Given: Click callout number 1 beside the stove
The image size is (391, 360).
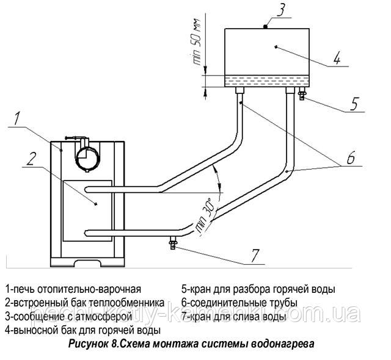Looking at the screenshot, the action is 16,118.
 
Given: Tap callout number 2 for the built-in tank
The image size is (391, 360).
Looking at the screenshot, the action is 31,159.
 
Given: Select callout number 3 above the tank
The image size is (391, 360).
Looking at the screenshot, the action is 280,9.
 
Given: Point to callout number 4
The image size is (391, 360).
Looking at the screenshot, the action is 337,58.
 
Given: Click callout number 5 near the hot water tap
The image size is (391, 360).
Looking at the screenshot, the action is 354,104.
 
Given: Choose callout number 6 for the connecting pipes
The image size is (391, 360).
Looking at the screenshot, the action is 351,157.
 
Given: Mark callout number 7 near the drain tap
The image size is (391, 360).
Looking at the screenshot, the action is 255,255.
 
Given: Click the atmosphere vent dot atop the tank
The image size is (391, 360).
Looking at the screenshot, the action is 266,26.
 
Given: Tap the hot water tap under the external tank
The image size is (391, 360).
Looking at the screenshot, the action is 302,94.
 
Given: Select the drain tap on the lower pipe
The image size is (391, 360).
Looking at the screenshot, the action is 173,243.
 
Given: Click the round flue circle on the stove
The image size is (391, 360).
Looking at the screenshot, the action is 87,158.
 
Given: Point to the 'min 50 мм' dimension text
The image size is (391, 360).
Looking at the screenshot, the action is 197,42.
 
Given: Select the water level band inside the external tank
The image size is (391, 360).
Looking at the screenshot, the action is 267,81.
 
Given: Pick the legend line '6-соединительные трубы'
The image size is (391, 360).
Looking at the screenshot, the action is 239,303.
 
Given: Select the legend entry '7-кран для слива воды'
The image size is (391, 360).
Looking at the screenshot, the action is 233,317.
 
